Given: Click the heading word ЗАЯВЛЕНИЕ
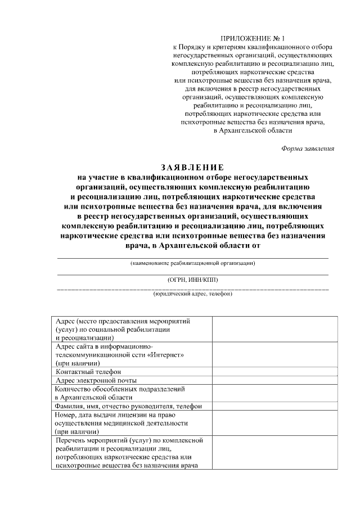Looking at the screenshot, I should point(192,167).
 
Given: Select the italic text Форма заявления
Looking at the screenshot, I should point(308,149).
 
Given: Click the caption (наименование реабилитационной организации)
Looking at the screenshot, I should point(192,263).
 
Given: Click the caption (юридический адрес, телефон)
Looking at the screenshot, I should point(192,294).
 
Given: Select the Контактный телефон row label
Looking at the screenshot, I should point(88,372).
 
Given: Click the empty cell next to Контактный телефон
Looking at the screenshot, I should point(274,372).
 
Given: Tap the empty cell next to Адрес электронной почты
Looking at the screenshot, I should point(274,380).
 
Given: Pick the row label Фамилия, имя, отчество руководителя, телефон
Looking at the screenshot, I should point(128,406).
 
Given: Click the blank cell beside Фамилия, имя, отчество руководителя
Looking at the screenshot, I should point(274,406).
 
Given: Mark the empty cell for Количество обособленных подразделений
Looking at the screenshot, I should point(274,393).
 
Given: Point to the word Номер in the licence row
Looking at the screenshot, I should point(66,415).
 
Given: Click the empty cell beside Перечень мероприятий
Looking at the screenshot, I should point(274,453).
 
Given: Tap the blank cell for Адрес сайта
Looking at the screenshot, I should point(274,355).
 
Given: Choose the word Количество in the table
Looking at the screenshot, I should point(74,389).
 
